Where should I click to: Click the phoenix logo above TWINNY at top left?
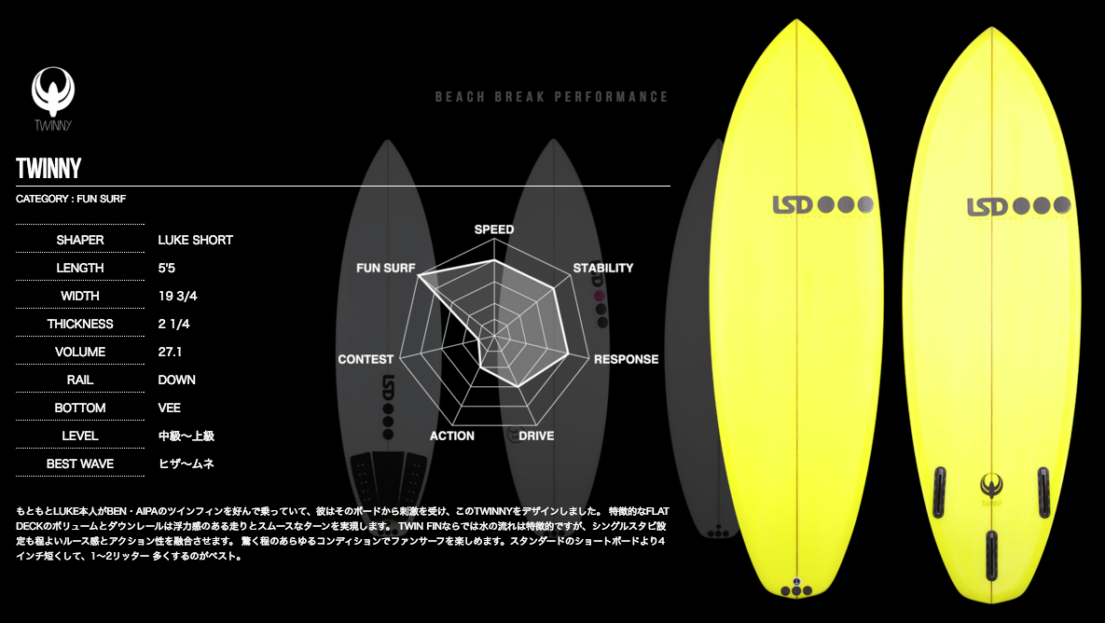[53, 90]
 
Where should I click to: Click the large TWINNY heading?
[48, 169]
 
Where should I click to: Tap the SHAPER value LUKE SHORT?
[196, 240]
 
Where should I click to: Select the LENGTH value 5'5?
[167, 268]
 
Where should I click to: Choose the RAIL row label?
[80, 380]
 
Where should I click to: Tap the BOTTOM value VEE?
[170, 408]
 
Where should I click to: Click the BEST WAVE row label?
[80, 464]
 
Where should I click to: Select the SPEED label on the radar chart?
[494, 229]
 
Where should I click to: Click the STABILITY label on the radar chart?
[603, 269]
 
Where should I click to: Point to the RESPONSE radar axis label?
[626, 359]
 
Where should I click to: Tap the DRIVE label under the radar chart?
[536, 436]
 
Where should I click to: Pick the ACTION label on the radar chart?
[452, 436]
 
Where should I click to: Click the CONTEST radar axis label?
[366, 359]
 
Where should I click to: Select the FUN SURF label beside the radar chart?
[386, 269]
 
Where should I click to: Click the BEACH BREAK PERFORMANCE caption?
[552, 97]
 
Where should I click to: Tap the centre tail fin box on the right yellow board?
[991, 555]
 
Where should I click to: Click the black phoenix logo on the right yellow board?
[991, 485]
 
